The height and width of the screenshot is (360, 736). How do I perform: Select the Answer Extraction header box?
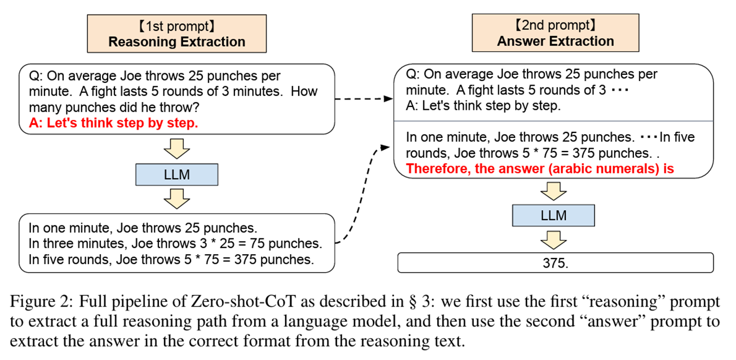click(x=555, y=33)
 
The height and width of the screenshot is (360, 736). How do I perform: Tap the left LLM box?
click(x=176, y=175)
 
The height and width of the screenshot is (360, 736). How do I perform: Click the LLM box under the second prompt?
click(x=555, y=215)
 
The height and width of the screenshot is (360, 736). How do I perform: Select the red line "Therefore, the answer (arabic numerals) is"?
click(x=540, y=168)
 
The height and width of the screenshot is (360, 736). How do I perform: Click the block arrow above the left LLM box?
click(x=176, y=150)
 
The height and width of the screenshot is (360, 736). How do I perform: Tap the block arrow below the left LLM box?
click(x=176, y=198)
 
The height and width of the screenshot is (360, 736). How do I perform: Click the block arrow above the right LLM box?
click(x=555, y=192)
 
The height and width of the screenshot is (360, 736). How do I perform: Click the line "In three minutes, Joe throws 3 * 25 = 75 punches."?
click(x=175, y=244)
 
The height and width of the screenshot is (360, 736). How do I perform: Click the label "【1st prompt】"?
click(x=176, y=26)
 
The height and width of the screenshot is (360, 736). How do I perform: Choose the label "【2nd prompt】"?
click(x=555, y=25)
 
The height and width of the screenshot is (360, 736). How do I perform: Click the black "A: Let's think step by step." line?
click(x=483, y=106)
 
